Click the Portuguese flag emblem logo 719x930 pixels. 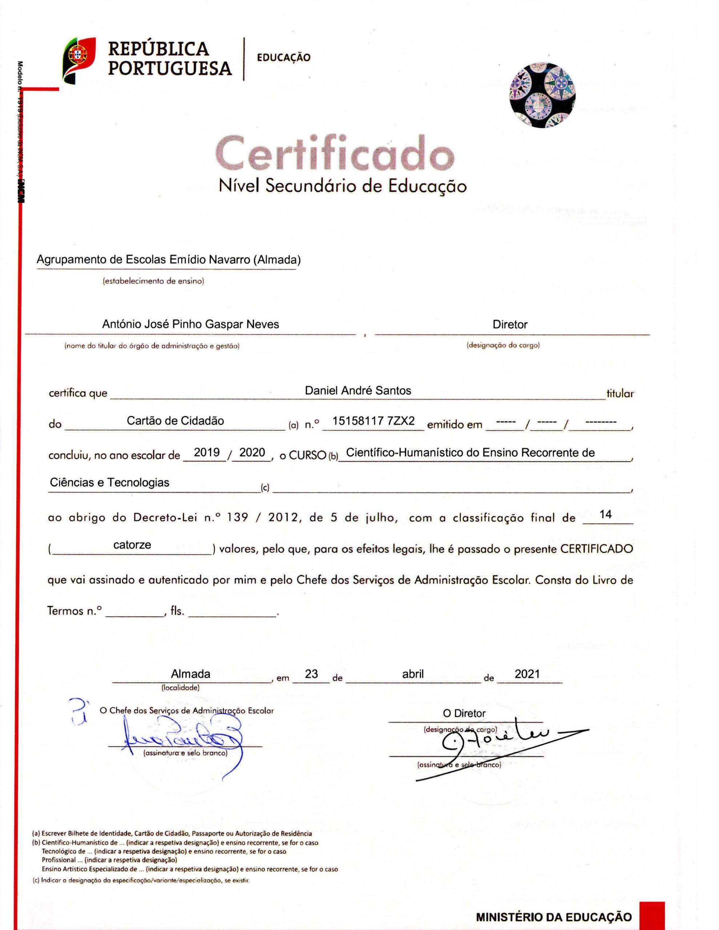pyautogui.click(x=79, y=59)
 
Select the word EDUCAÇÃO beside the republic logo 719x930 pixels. pyautogui.click(x=284, y=57)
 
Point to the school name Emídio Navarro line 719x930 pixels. pyautogui.click(x=168, y=259)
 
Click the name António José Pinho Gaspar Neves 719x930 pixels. pyautogui.click(x=190, y=324)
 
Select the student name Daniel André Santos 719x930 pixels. pyautogui.click(x=358, y=391)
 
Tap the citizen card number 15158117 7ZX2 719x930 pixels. pyautogui.click(x=373, y=421)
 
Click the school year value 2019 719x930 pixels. pyautogui.click(x=207, y=452)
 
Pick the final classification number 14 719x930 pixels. pyautogui.click(x=605, y=514)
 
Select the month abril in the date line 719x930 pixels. pyautogui.click(x=413, y=674)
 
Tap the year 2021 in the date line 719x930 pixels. pyautogui.click(x=527, y=674)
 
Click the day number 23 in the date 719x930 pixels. pyautogui.click(x=311, y=674)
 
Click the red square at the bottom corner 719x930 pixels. pyautogui.click(x=652, y=915)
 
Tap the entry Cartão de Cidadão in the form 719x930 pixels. pyautogui.click(x=175, y=421)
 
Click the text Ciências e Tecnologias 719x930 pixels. pyautogui.click(x=109, y=482)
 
